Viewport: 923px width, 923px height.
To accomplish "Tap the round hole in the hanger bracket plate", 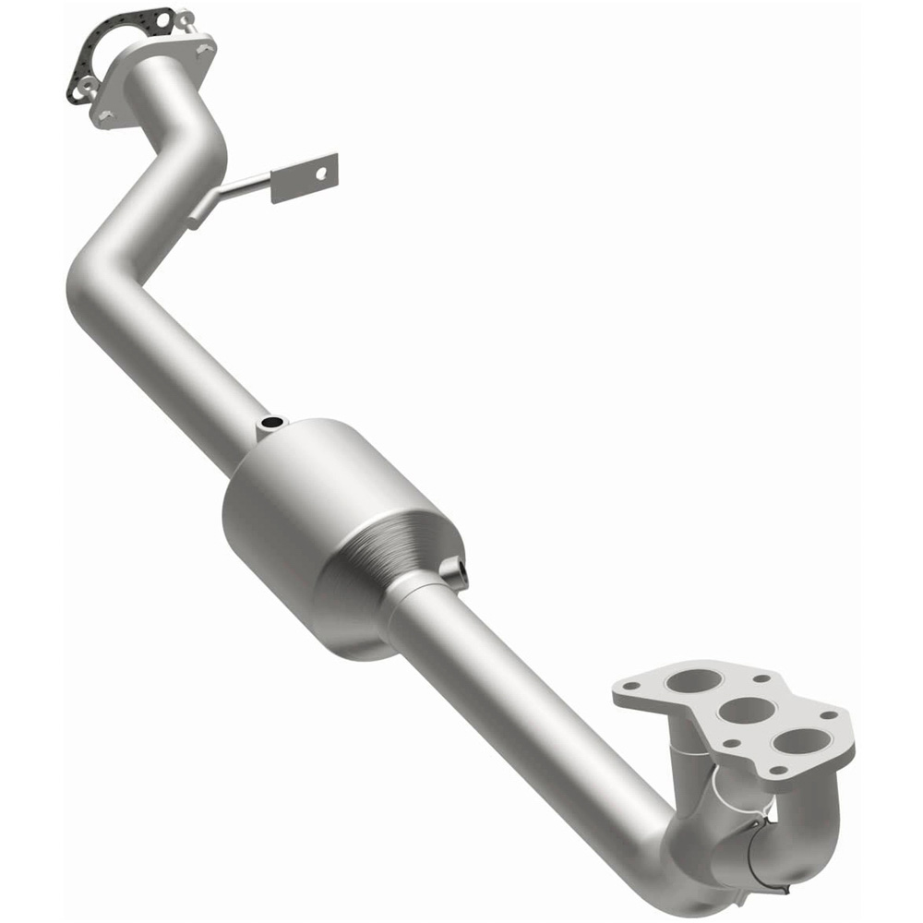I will [321, 173].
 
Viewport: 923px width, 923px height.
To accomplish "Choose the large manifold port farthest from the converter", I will [799, 740].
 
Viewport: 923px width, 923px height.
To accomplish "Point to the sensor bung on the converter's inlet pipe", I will [271, 425].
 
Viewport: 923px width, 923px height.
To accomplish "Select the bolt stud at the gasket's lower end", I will [87, 86].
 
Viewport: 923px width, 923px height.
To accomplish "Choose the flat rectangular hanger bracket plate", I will [305, 178].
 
